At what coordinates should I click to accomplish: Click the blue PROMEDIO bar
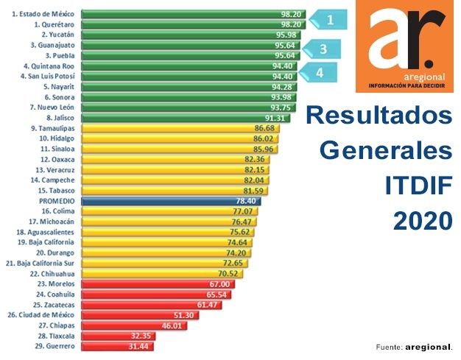coord(169,200)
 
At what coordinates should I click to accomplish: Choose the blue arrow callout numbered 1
coord(328,20)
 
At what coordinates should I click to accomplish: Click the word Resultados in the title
coord(379,116)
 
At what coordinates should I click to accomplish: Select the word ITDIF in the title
coord(418,186)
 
